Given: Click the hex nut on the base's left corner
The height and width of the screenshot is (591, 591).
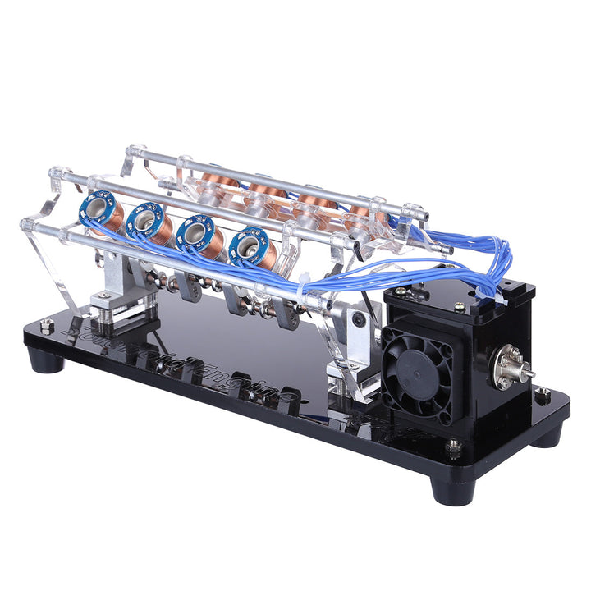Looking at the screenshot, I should pyautogui.click(x=47, y=326).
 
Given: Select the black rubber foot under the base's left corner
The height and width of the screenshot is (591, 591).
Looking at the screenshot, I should pyautogui.click(x=48, y=359).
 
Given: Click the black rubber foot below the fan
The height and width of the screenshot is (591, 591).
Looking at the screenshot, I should pyautogui.click(x=453, y=488).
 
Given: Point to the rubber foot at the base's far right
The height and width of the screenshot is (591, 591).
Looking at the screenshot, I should pyautogui.click(x=547, y=434).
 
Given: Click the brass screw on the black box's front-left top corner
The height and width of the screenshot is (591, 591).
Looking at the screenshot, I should pyautogui.click(x=400, y=290).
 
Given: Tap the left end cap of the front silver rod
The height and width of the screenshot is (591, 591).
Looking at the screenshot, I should pyautogui.click(x=27, y=224).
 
